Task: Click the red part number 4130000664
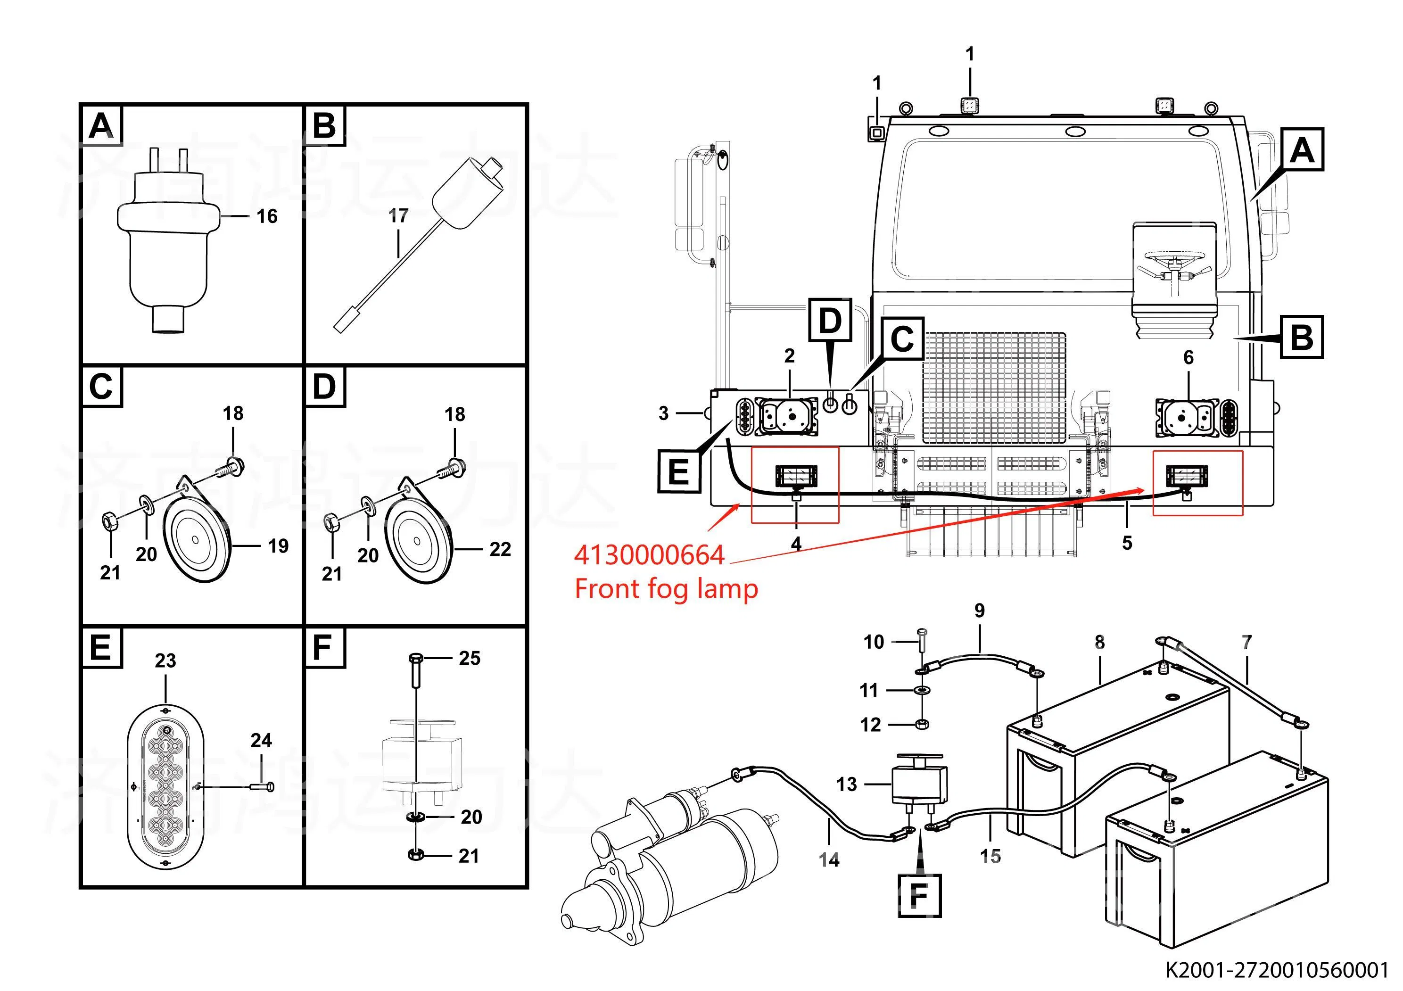[x=649, y=555]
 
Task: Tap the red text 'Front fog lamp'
[x=666, y=589]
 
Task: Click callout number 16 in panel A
[x=267, y=216]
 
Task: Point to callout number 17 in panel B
[x=398, y=215]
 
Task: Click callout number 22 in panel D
[x=500, y=549]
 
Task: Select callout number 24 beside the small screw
[x=261, y=741]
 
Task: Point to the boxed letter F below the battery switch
[x=919, y=896]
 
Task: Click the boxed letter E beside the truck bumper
[x=679, y=471]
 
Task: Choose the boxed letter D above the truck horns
[x=830, y=320]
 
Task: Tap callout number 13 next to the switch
[x=846, y=784]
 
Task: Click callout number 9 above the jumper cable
[x=980, y=611]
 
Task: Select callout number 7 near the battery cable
[x=1246, y=642]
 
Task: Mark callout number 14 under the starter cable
[x=829, y=859]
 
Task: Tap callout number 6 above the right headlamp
[x=1188, y=357]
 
